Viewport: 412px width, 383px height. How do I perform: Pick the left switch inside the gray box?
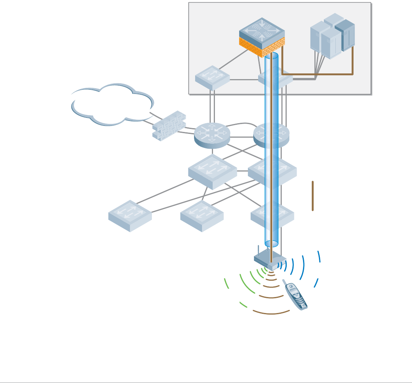click(x=212, y=78)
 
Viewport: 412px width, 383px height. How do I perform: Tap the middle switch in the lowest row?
click(x=202, y=215)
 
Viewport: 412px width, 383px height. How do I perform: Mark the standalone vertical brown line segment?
click(x=313, y=196)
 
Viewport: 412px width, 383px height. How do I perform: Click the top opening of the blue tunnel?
click(x=271, y=56)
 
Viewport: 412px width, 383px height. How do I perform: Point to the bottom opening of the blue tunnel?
click(x=271, y=243)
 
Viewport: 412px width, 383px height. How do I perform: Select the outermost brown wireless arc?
click(x=271, y=313)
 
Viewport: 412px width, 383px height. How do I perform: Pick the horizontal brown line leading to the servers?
click(x=317, y=75)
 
